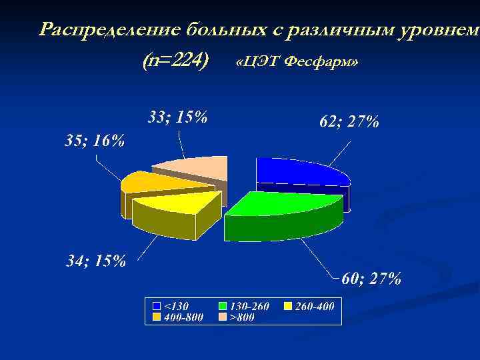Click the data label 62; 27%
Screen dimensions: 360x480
(349, 121)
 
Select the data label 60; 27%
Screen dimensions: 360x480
(371, 278)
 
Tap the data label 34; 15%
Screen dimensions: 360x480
(96, 260)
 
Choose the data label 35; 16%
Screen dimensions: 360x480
(94, 140)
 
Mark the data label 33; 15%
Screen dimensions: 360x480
(177, 117)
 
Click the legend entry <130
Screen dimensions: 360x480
(176, 306)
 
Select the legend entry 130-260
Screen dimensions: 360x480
(249, 306)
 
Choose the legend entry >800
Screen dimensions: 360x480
(242, 317)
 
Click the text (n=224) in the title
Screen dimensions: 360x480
(175, 61)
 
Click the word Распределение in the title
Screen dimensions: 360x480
(109, 29)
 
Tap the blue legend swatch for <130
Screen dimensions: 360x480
(157, 306)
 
